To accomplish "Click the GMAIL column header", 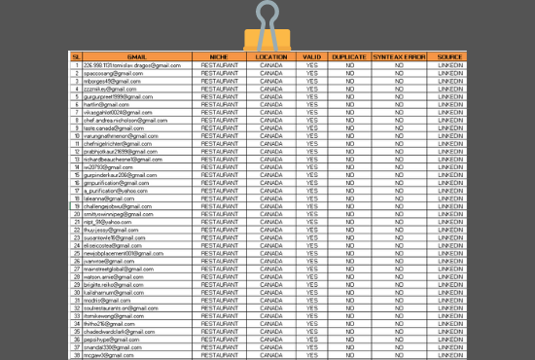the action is [137, 57].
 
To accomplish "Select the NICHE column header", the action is [220, 57].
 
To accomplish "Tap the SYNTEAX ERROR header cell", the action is [400, 57].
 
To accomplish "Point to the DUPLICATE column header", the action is [349, 57].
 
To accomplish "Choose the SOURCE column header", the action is [449, 57].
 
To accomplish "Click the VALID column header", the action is [312, 57].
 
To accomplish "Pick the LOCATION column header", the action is [271, 57].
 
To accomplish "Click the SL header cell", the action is [76, 57].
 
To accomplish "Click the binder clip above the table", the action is [266, 24].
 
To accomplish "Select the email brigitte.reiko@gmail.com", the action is [112, 283].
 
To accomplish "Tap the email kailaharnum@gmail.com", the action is [111, 291].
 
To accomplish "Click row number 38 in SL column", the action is [76, 353].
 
